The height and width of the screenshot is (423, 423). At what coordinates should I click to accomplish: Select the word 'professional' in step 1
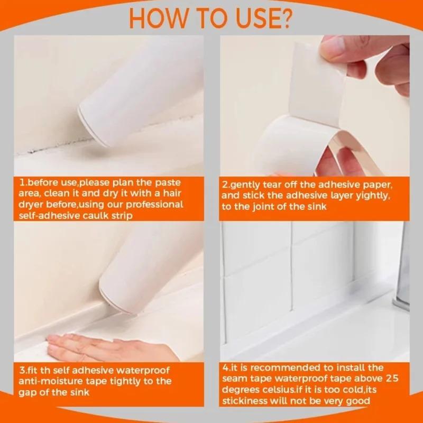[154, 205]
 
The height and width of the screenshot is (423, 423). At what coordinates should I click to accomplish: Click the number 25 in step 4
[392, 379]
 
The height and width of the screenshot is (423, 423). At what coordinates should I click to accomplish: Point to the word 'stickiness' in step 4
[245, 401]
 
